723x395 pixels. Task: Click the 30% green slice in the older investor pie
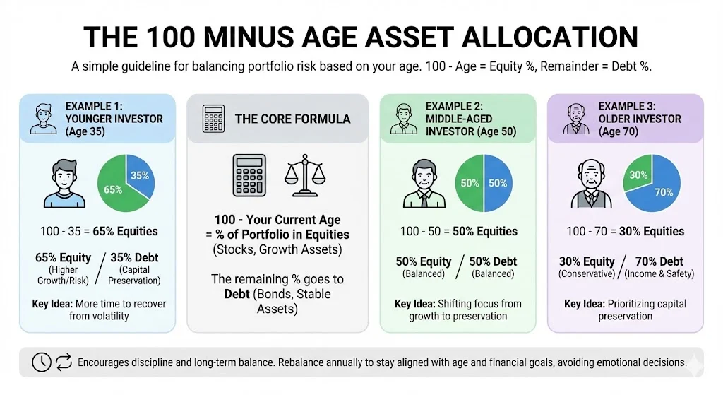click(638, 174)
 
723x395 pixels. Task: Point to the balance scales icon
click(305, 175)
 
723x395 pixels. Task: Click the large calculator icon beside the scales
click(249, 175)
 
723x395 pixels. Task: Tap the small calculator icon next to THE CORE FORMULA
click(213, 119)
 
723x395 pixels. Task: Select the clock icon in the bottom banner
click(42, 362)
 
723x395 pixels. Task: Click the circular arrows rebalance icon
click(64, 362)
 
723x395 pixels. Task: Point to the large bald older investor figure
click(591, 184)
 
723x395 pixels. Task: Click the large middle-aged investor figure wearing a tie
click(424, 184)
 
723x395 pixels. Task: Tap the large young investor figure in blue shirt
click(64, 184)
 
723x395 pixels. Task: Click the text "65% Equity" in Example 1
click(63, 257)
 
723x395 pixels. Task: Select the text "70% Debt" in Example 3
click(659, 261)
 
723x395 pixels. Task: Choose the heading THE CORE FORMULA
click(293, 119)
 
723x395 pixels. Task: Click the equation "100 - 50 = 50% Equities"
click(458, 231)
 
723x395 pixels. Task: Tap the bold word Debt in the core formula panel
click(237, 294)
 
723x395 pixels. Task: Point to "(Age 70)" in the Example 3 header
click(619, 131)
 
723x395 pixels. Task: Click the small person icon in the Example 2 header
click(403, 119)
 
